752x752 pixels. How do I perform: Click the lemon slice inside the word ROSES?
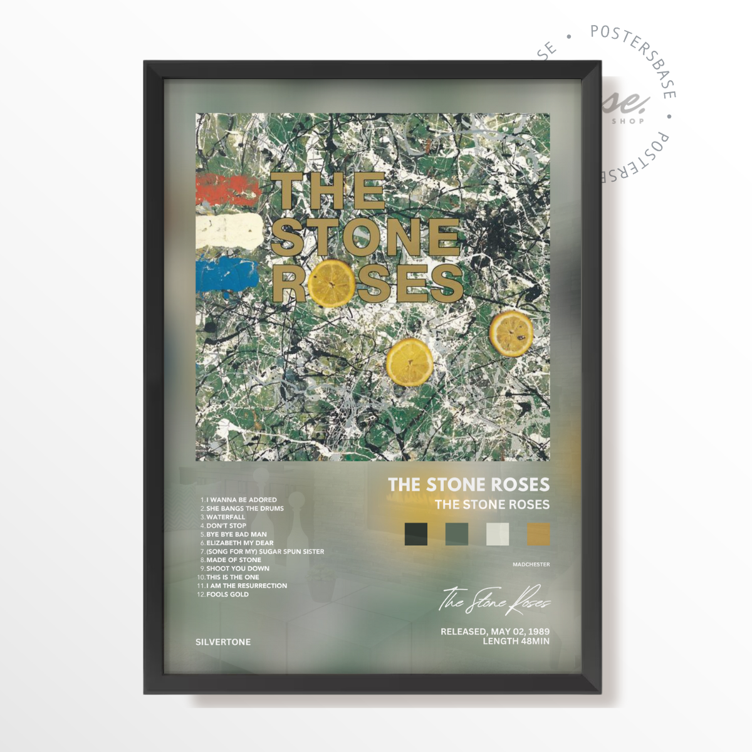[332, 283]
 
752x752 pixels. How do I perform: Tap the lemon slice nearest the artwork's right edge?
[511, 333]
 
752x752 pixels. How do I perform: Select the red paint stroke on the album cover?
[227, 190]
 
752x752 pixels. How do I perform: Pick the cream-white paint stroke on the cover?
[229, 231]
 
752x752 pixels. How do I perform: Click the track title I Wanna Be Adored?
[241, 500]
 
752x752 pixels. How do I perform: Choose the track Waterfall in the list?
[226, 517]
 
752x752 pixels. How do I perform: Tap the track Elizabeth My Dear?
[239, 543]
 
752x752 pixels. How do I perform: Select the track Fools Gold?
[227, 594]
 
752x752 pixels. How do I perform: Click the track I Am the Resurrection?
[246, 586]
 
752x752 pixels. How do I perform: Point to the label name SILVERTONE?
[223, 642]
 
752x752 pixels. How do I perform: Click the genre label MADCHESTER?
[531, 565]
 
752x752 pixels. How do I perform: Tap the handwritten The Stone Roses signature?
[495, 600]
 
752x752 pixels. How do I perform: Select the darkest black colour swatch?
[416, 534]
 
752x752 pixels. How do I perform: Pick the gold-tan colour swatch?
[538, 534]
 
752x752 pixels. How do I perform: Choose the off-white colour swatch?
[498, 534]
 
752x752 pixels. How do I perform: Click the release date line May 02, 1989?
[495, 632]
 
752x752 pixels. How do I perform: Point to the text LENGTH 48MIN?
[516, 641]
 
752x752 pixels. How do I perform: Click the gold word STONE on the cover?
[367, 237]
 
